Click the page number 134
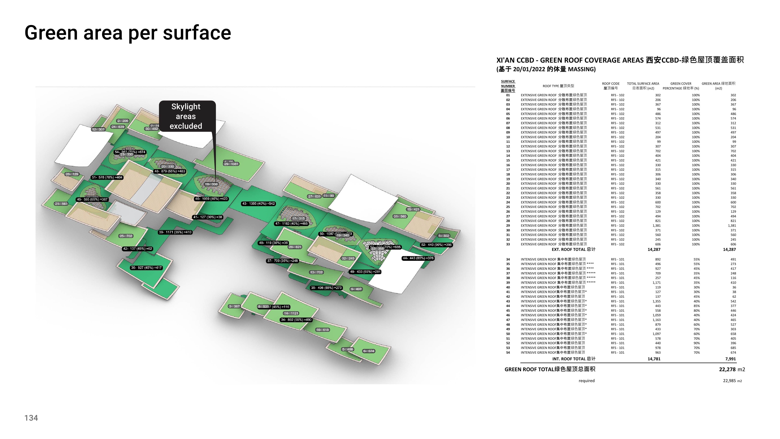click(x=31, y=418)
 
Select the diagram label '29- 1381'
click(x=231, y=164)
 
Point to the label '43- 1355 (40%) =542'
click(x=258, y=204)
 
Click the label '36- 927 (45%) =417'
click(x=146, y=268)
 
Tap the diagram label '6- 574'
click(x=369, y=351)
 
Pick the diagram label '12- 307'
click(x=98, y=129)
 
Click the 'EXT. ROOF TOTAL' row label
click(x=573, y=250)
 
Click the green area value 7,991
click(x=730, y=359)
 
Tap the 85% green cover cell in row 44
click(x=696, y=306)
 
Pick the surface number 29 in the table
click(x=508, y=226)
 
